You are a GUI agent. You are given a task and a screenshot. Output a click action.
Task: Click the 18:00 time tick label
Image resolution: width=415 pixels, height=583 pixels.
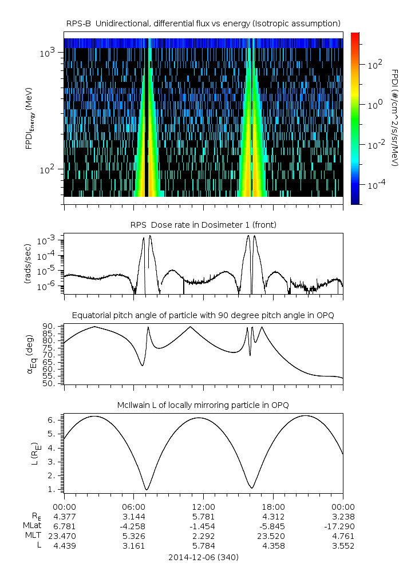point(273,507)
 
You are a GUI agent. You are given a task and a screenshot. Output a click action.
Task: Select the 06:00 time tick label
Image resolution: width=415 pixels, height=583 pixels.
point(134,507)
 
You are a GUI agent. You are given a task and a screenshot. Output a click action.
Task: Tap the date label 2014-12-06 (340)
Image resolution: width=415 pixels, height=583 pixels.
point(204,557)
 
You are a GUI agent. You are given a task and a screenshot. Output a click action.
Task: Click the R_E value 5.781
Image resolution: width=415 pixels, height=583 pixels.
point(204,517)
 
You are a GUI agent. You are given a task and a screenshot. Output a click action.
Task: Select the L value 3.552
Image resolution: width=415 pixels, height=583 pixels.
point(342,546)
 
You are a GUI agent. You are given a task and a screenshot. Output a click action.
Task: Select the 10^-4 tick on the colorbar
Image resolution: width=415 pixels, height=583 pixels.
point(376,185)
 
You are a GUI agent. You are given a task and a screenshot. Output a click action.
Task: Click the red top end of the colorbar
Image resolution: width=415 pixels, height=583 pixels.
point(355,35)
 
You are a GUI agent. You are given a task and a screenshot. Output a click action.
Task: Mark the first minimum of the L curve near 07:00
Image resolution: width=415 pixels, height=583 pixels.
point(147,489)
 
